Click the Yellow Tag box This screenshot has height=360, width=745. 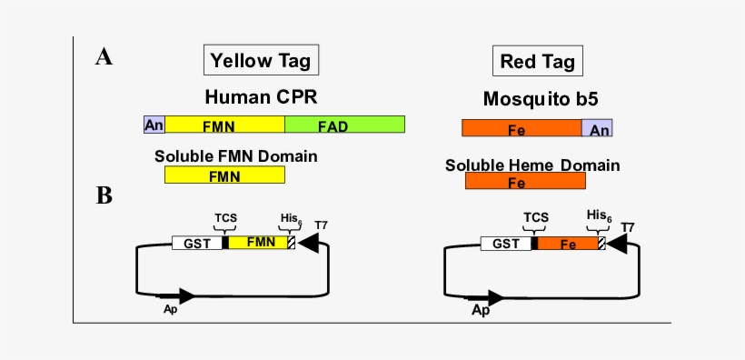[261, 61]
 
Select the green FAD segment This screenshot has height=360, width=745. [344, 125]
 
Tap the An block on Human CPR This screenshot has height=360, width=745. [154, 125]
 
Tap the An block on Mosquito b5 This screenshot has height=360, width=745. [597, 129]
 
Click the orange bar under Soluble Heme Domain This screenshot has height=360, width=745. [525, 181]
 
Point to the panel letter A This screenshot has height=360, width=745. [104, 58]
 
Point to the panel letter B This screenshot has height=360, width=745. [104, 195]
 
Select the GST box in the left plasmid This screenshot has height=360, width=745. [197, 243]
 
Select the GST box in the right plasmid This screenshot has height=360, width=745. [505, 243]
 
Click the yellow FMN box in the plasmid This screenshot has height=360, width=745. [258, 243]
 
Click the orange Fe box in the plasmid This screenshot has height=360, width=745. [568, 243]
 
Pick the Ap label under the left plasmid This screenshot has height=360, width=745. [169, 309]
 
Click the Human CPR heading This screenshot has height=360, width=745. [261, 96]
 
